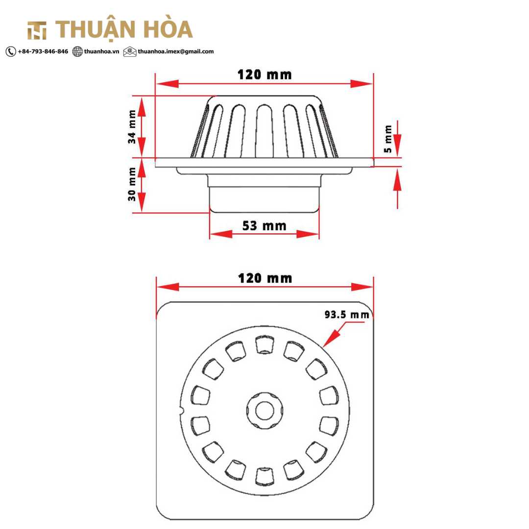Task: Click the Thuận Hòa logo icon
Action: point(37,30)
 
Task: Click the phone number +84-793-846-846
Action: point(43,51)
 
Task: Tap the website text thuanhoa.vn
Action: point(101,51)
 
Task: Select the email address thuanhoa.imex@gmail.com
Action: point(175,51)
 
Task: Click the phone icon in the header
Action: point(11,51)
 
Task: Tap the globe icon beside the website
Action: point(77,51)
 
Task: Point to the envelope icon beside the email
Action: point(130,51)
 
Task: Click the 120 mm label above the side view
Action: point(264,75)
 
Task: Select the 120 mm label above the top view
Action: point(265,279)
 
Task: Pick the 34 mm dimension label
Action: point(132,127)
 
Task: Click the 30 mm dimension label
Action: point(132,184)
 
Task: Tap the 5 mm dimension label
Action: point(388,139)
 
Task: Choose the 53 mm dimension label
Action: point(264,226)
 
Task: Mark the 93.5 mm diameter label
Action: point(347,315)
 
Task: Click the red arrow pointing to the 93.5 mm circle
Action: point(334,337)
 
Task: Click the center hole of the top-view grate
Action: point(264,410)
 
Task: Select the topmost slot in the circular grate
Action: point(264,345)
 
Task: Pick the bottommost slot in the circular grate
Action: point(264,476)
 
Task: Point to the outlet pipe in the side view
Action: point(264,199)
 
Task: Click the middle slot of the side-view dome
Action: point(264,128)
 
